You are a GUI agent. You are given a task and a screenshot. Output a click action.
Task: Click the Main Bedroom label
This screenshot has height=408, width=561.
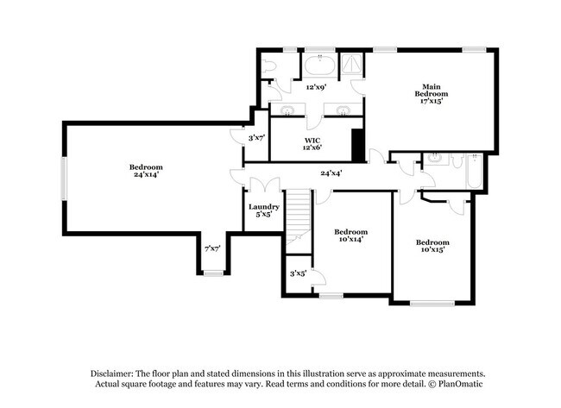[x=432, y=94]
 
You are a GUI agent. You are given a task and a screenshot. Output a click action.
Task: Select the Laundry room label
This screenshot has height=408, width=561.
[x=263, y=210]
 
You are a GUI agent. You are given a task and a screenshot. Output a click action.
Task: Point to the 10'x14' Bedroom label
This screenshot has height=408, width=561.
[x=350, y=235]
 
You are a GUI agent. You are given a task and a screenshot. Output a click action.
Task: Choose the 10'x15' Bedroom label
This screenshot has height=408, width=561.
[x=432, y=246]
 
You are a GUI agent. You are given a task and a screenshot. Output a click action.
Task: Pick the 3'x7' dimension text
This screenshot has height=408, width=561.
[x=256, y=138]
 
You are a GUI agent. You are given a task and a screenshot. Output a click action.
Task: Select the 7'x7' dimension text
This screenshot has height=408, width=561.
[x=212, y=248]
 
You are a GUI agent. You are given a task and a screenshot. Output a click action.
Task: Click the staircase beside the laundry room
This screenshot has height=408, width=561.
[x=298, y=216]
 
